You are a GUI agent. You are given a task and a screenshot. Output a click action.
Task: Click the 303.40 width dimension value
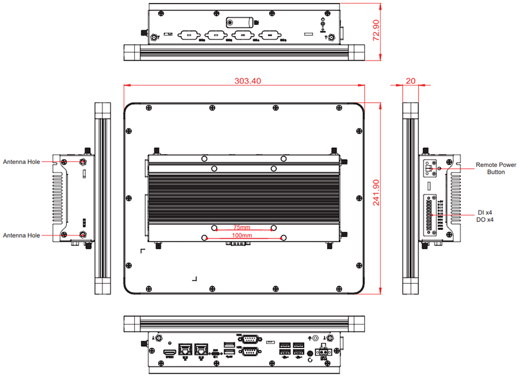coord(247,81)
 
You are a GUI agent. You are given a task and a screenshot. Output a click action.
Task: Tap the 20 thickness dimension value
coord(411,81)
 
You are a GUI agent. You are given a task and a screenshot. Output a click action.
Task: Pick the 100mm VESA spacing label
coord(242,235)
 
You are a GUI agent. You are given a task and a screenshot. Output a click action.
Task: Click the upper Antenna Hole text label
coord(21,162)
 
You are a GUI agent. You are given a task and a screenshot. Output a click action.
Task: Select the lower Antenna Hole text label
coord(21,235)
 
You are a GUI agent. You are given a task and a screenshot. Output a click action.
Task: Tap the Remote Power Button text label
coord(496,169)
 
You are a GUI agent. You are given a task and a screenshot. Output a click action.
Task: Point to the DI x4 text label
coord(485,212)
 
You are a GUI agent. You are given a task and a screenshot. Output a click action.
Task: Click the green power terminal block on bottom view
coord(322,352)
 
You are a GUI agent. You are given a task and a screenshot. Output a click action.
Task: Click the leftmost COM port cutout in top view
coord(188,35)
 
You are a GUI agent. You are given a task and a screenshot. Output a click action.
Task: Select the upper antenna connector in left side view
coord(83,161)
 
